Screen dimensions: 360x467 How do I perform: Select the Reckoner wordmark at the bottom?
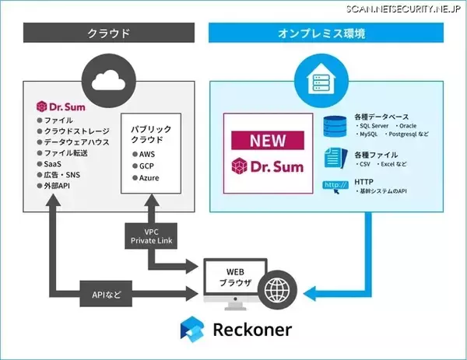click(x=251, y=330)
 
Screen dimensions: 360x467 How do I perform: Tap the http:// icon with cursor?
click(x=335, y=187)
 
